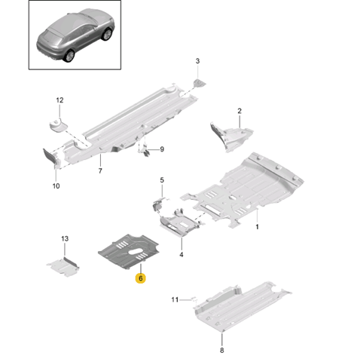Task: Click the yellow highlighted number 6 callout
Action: pos(140,278)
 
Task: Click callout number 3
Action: pos(197,61)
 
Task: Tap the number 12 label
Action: pos(59,100)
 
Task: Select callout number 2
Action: pos(239,111)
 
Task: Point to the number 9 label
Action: pos(162,149)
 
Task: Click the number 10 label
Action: pos(56,186)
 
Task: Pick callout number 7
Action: pos(100,171)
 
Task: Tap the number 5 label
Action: pos(162,180)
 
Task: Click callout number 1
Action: pos(257,227)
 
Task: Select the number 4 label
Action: pos(182,255)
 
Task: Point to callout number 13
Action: pos(65,238)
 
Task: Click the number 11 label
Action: pos(175,299)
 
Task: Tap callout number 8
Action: pos(222,350)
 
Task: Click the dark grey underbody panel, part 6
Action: pos(129,251)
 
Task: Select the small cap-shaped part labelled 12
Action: pos(58,125)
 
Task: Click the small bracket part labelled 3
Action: pos(200,83)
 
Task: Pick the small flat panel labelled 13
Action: pos(63,267)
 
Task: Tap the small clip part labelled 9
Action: pos(145,151)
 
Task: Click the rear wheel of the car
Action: pos(69,56)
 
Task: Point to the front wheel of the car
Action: pos(107,34)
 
